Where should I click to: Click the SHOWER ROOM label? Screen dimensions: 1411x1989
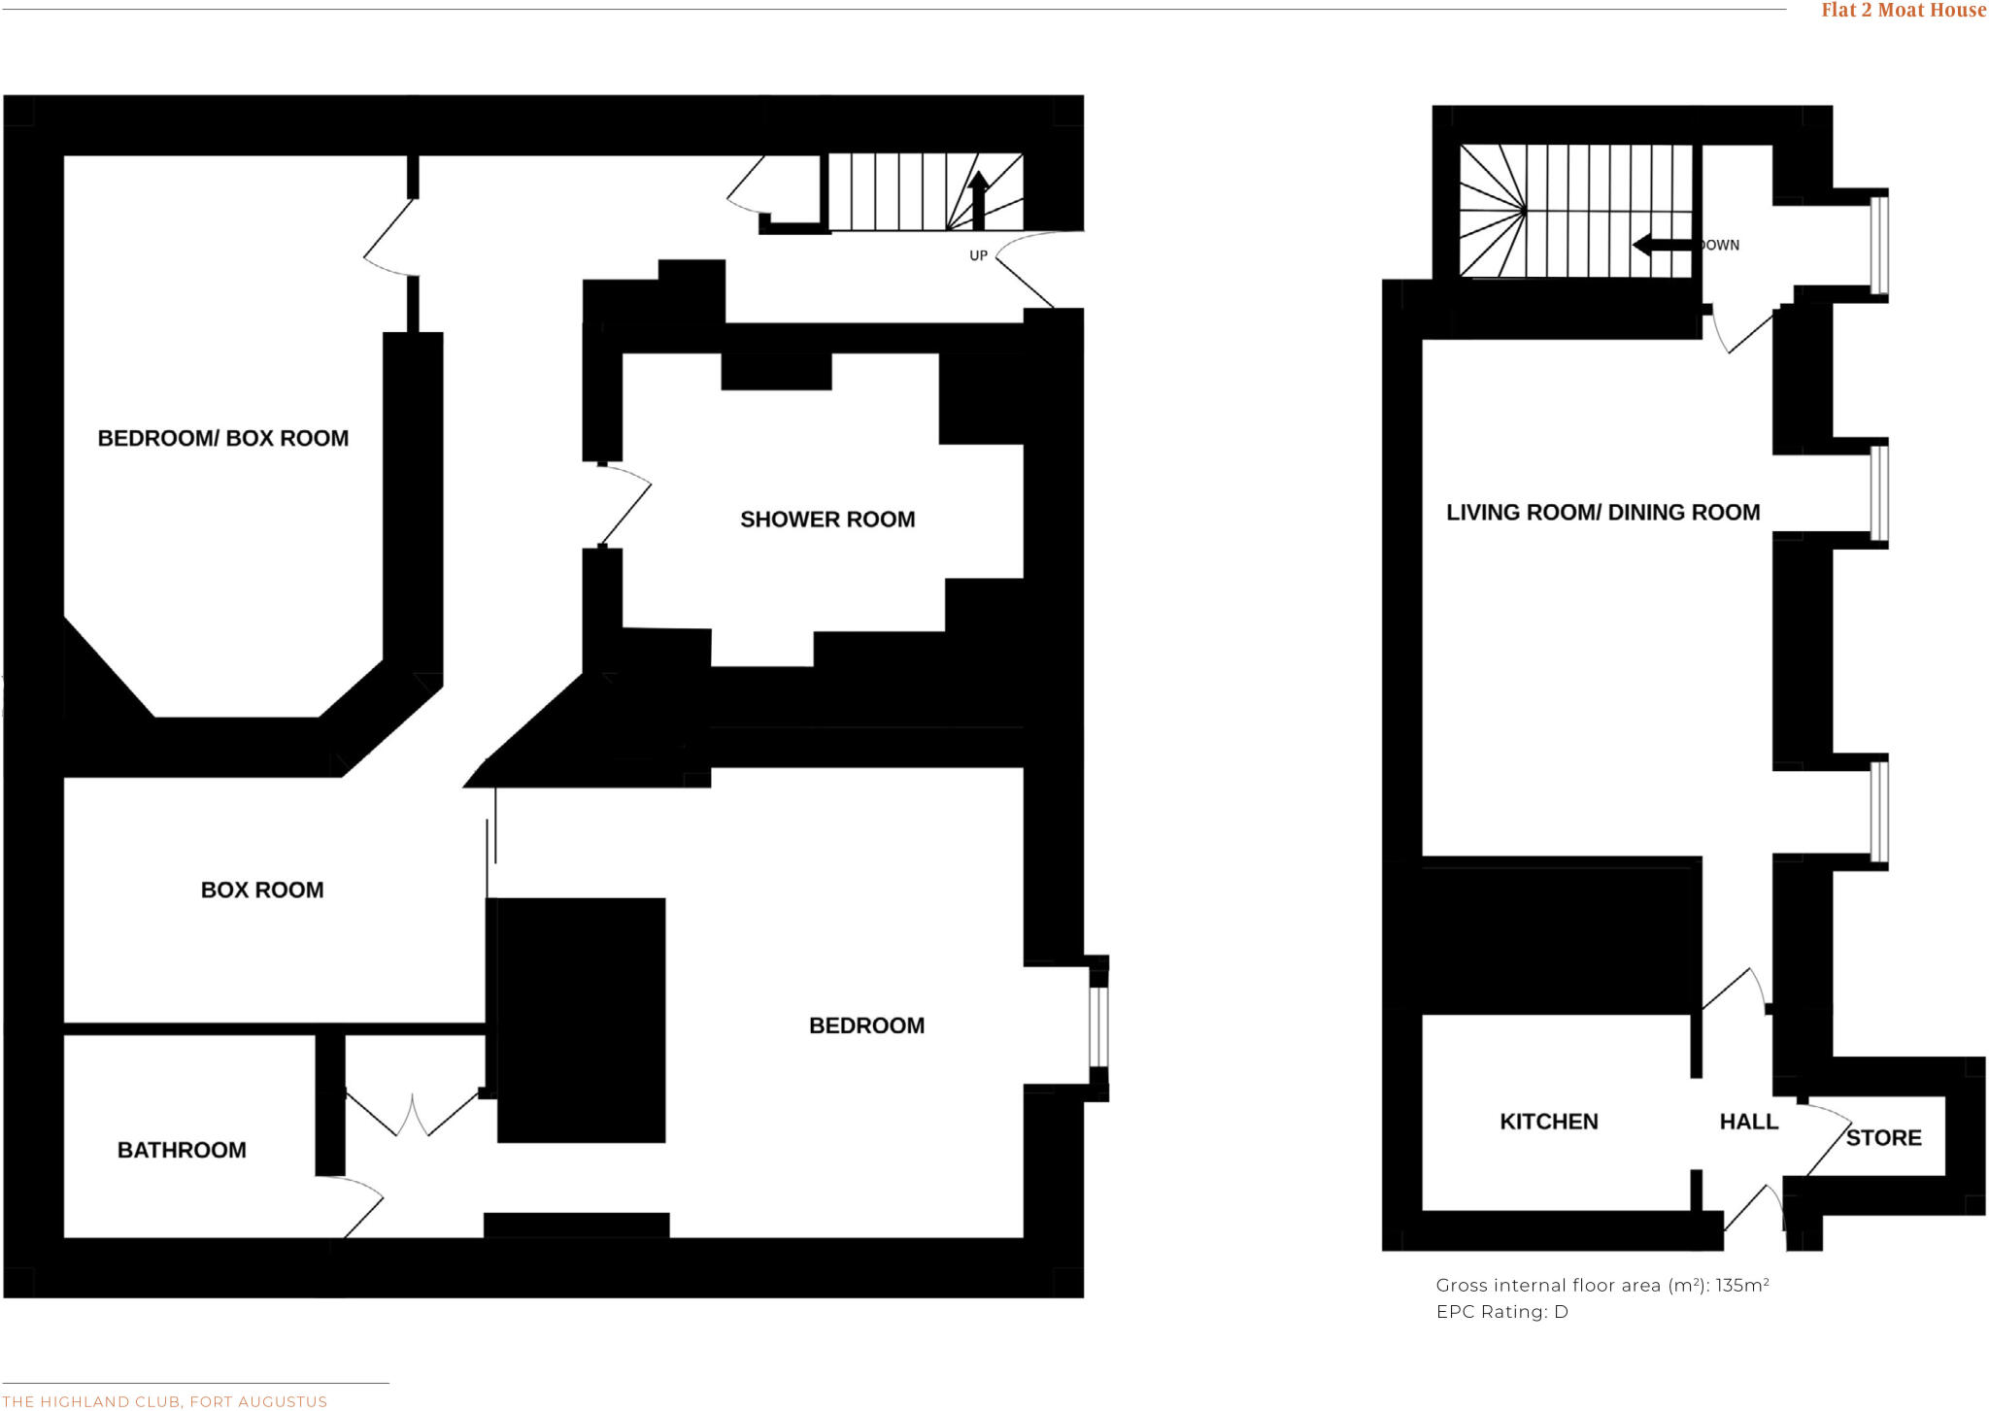click(827, 520)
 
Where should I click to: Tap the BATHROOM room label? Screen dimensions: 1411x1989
click(182, 1150)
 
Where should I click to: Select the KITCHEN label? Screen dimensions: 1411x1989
click(1548, 1122)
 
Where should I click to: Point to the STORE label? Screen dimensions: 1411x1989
click(1883, 1138)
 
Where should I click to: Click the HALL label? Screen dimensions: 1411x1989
click(1748, 1122)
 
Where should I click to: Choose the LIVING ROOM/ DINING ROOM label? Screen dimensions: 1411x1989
click(1602, 513)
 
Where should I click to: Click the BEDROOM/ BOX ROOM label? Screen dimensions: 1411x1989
click(222, 438)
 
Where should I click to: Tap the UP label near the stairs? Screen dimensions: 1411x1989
click(978, 255)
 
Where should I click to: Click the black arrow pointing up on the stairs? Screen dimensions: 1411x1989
click(978, 199)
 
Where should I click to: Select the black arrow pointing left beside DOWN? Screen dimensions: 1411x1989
click(1663, 245)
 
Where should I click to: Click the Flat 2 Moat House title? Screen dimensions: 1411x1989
click(1904, 11)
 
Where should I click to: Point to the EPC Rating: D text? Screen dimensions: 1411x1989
click(1501, 1312)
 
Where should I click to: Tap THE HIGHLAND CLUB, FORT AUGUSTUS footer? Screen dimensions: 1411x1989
click(165, 1401)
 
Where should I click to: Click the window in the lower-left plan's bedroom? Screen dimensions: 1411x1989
click(1098, 1027)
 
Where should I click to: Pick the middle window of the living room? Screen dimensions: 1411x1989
click(1880, 492)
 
